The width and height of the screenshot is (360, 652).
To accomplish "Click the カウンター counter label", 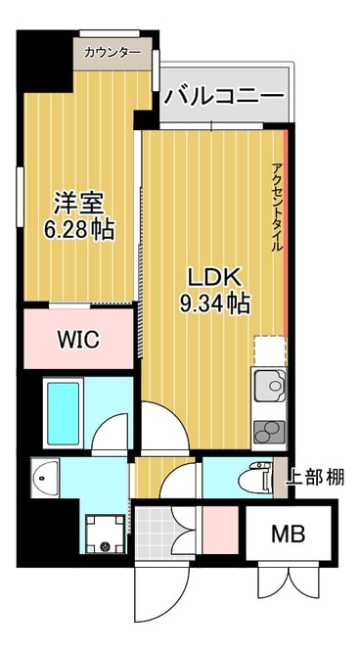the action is pos(112,53).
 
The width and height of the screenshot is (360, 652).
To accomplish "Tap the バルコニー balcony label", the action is pos(224,96).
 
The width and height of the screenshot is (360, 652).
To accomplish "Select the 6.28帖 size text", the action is pos(79,228).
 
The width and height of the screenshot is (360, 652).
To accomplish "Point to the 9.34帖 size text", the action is pos(214,303).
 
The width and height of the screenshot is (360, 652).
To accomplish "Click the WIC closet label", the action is pos(78,340).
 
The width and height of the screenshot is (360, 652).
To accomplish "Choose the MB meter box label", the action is pos(288,534).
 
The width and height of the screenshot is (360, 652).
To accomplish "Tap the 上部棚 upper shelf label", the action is pos(315,478).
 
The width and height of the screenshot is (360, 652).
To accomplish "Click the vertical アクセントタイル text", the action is pos(277,208).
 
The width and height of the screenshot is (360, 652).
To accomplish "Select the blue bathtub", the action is pos(64,413).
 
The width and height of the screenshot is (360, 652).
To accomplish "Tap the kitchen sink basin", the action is pos(270,386).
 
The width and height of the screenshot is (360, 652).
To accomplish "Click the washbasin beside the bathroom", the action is pos(45,478).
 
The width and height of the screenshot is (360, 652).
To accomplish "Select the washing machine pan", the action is pos(106,534).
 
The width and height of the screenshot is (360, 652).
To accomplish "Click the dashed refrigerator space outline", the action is pos(270,351).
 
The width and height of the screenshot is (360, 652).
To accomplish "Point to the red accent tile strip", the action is pos(286,233).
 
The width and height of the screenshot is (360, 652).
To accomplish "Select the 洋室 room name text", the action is pos(79,205).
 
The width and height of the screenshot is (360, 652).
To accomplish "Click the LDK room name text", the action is pos(214,277).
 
